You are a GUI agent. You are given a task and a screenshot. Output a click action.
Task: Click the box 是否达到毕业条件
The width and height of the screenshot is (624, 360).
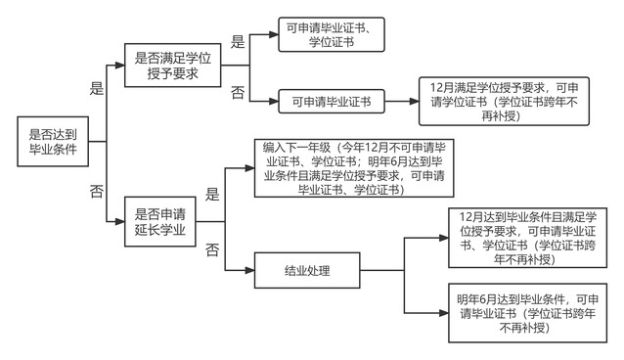53,142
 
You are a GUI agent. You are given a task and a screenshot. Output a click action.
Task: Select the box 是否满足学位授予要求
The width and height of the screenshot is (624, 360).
173,66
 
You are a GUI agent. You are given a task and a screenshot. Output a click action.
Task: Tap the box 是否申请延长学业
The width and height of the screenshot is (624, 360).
160,221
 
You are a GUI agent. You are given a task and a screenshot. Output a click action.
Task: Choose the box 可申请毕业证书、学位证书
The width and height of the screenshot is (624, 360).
332,34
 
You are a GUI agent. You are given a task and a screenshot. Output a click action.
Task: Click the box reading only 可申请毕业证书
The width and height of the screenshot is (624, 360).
332,101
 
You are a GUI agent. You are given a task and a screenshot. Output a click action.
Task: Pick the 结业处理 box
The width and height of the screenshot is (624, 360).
307,270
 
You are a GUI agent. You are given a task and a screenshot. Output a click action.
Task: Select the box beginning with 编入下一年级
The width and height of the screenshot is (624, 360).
354,168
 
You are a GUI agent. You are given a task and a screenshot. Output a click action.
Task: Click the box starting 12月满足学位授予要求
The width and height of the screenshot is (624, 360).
504,101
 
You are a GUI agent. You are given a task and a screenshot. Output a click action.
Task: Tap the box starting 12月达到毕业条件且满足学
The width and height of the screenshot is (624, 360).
527,238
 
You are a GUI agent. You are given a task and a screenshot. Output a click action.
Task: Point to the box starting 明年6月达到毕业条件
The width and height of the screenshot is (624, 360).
527,313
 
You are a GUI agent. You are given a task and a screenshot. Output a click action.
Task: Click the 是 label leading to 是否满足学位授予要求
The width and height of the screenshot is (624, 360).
97,88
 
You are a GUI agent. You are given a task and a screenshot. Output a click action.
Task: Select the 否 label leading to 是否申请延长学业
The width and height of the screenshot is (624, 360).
97,191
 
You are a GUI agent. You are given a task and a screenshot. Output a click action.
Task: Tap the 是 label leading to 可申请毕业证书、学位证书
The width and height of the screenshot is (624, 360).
238,42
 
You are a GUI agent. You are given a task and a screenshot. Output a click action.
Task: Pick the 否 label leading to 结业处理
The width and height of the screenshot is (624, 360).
212,249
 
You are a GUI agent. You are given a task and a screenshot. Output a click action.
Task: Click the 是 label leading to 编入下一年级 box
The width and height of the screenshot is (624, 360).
212,195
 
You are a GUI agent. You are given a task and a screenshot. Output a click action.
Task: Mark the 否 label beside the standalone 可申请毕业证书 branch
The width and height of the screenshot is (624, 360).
238,92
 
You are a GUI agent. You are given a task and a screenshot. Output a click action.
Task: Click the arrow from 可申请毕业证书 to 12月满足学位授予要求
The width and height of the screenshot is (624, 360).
402,101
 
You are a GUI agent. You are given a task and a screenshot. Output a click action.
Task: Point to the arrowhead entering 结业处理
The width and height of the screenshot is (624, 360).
250,270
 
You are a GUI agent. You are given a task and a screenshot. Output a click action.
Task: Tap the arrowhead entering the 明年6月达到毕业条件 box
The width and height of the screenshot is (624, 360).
444,313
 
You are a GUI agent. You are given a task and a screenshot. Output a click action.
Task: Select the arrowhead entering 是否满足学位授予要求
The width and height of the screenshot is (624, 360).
119,66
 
